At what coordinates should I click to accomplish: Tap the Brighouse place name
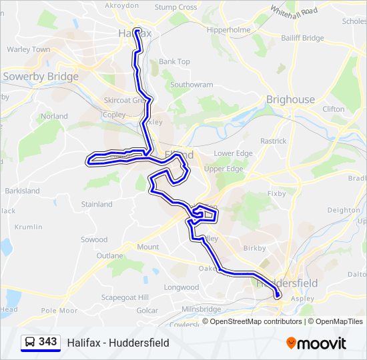(x=290, y=99)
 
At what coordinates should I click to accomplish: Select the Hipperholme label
(x=228, y=30)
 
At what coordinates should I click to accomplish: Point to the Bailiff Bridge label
(x=302, y=38)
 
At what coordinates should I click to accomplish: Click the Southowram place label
(x=192, y=85)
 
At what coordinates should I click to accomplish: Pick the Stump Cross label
(x=175, y=7)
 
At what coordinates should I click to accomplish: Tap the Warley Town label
(x=28, y=49)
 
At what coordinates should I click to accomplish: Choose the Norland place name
(x=54, y=116)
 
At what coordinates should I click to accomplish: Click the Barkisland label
(x=22, y=191)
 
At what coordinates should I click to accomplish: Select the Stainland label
(x=96, y=204)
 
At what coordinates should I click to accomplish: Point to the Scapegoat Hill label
(x=125, y=297)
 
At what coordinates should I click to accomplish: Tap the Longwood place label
(x=181, y=287)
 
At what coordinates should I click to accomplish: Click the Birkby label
(x=254, y=248)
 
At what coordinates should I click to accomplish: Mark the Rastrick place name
(x=273, y=141)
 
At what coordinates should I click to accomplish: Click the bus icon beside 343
(x=29, y=343)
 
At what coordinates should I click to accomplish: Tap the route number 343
(x=47, y=342)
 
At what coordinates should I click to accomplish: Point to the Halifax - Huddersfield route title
(x=118, y=343)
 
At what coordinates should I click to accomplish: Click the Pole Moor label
(x=59, y=311)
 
